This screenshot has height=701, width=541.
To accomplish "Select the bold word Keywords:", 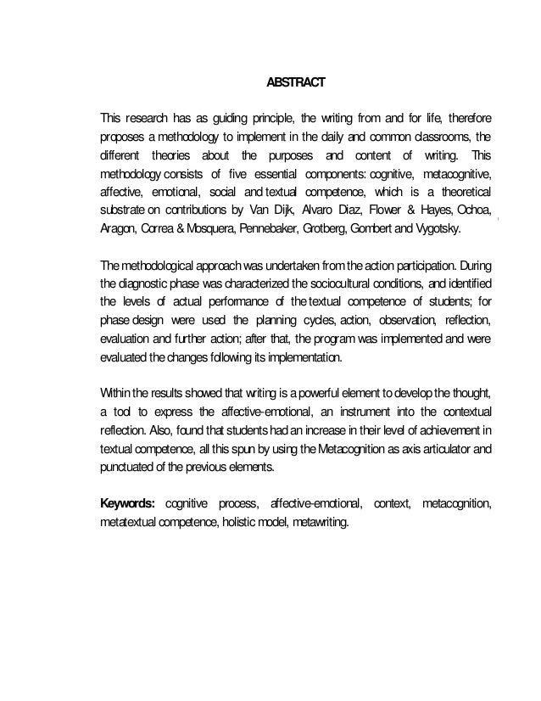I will point(129,505).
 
